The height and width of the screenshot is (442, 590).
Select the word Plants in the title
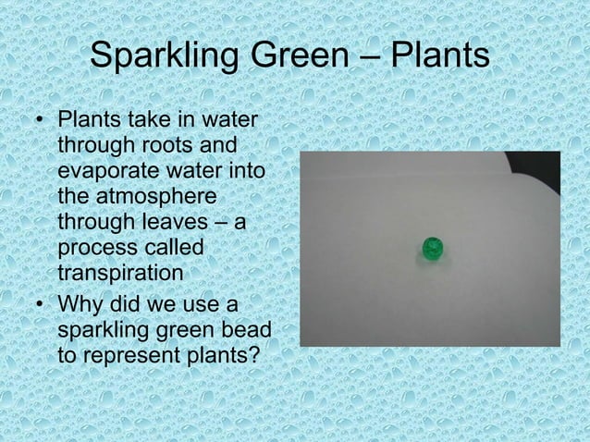coord(437,59)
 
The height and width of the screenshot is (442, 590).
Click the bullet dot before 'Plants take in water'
coord(38,123)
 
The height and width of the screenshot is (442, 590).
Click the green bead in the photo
coord(431,249)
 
